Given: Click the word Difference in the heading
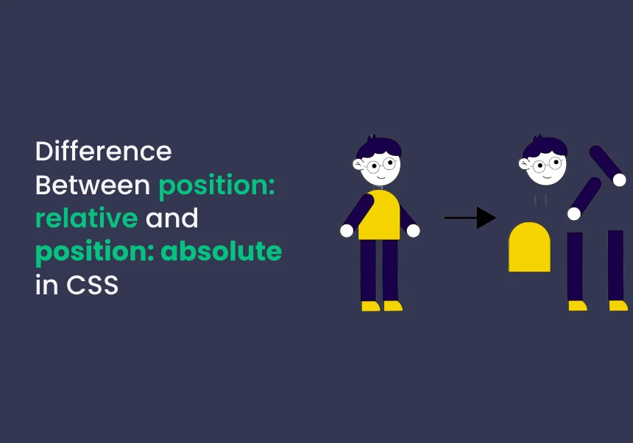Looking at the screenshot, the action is point(103,152).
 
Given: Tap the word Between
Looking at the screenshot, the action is point(93,185).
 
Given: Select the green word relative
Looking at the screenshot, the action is point(87,218).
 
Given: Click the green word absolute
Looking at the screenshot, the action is point(222,251).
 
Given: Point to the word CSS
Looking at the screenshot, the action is point(93,285).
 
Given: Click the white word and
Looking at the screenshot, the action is point(172,218).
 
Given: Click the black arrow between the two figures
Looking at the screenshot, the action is point(470,218).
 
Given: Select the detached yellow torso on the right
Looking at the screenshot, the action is point(529,247).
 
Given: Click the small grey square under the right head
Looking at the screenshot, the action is point(540,200).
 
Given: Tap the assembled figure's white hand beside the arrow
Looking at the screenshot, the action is point(413,231).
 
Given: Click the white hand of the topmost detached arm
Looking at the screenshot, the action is point(619,180).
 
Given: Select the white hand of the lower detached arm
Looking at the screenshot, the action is point(574,214).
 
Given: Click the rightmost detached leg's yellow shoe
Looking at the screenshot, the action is point(618,305).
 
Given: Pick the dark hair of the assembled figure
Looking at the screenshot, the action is point(378,147).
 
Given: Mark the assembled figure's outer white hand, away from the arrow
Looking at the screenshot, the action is point(347,231).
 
